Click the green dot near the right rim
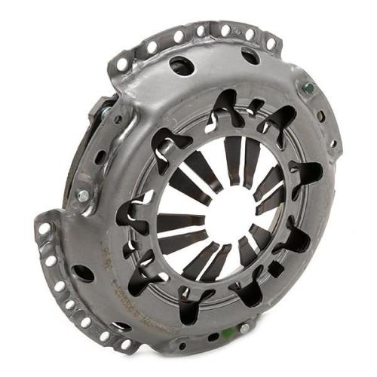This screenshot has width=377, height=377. click(308, 88)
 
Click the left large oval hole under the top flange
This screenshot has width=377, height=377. click(182, 66)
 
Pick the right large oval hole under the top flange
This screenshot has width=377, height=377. click(250, 55)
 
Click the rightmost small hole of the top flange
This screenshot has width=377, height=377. click(271, 44)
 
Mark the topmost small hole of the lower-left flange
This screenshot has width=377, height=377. click(45, 228)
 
